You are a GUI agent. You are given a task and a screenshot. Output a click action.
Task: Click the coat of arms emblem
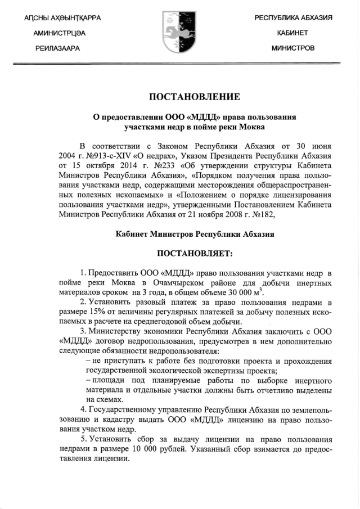(180, 33)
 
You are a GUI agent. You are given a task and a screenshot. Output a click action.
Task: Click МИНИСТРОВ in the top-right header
(293, 48)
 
